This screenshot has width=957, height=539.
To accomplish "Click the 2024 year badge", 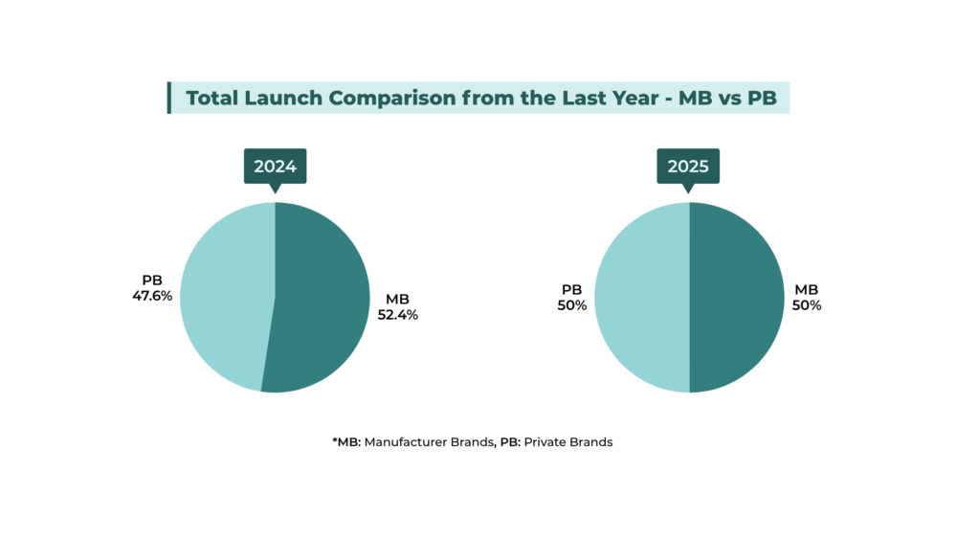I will coord(275,167).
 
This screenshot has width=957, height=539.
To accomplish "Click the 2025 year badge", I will coord(688,167).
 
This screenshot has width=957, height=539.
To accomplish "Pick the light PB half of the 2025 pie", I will coord(641,297).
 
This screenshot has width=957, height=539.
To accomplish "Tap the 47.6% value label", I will coord(152,296).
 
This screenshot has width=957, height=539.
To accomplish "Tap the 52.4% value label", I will coord(397,314).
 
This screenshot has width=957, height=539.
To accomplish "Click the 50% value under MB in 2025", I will coord(807,305).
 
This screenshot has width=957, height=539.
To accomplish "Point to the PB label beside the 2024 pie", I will coord(152,281).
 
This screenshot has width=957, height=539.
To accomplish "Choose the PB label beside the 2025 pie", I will coord(571,289).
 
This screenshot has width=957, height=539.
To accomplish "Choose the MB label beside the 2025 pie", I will coord(807,290).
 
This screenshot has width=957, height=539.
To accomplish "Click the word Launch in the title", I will coord(285,98).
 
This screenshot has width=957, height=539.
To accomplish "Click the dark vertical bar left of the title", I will coord(169,98).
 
